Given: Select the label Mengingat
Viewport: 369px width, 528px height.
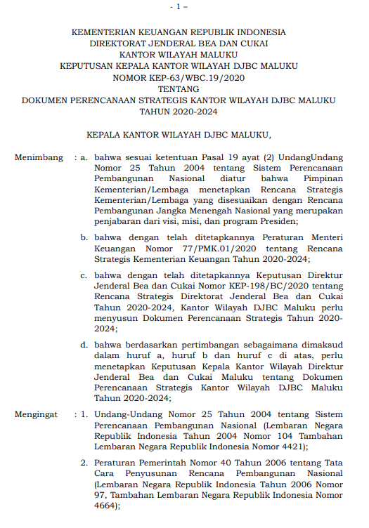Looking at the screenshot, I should click(x=37, y=414).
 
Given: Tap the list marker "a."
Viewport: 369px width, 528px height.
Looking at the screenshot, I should click(x=84, y=158).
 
